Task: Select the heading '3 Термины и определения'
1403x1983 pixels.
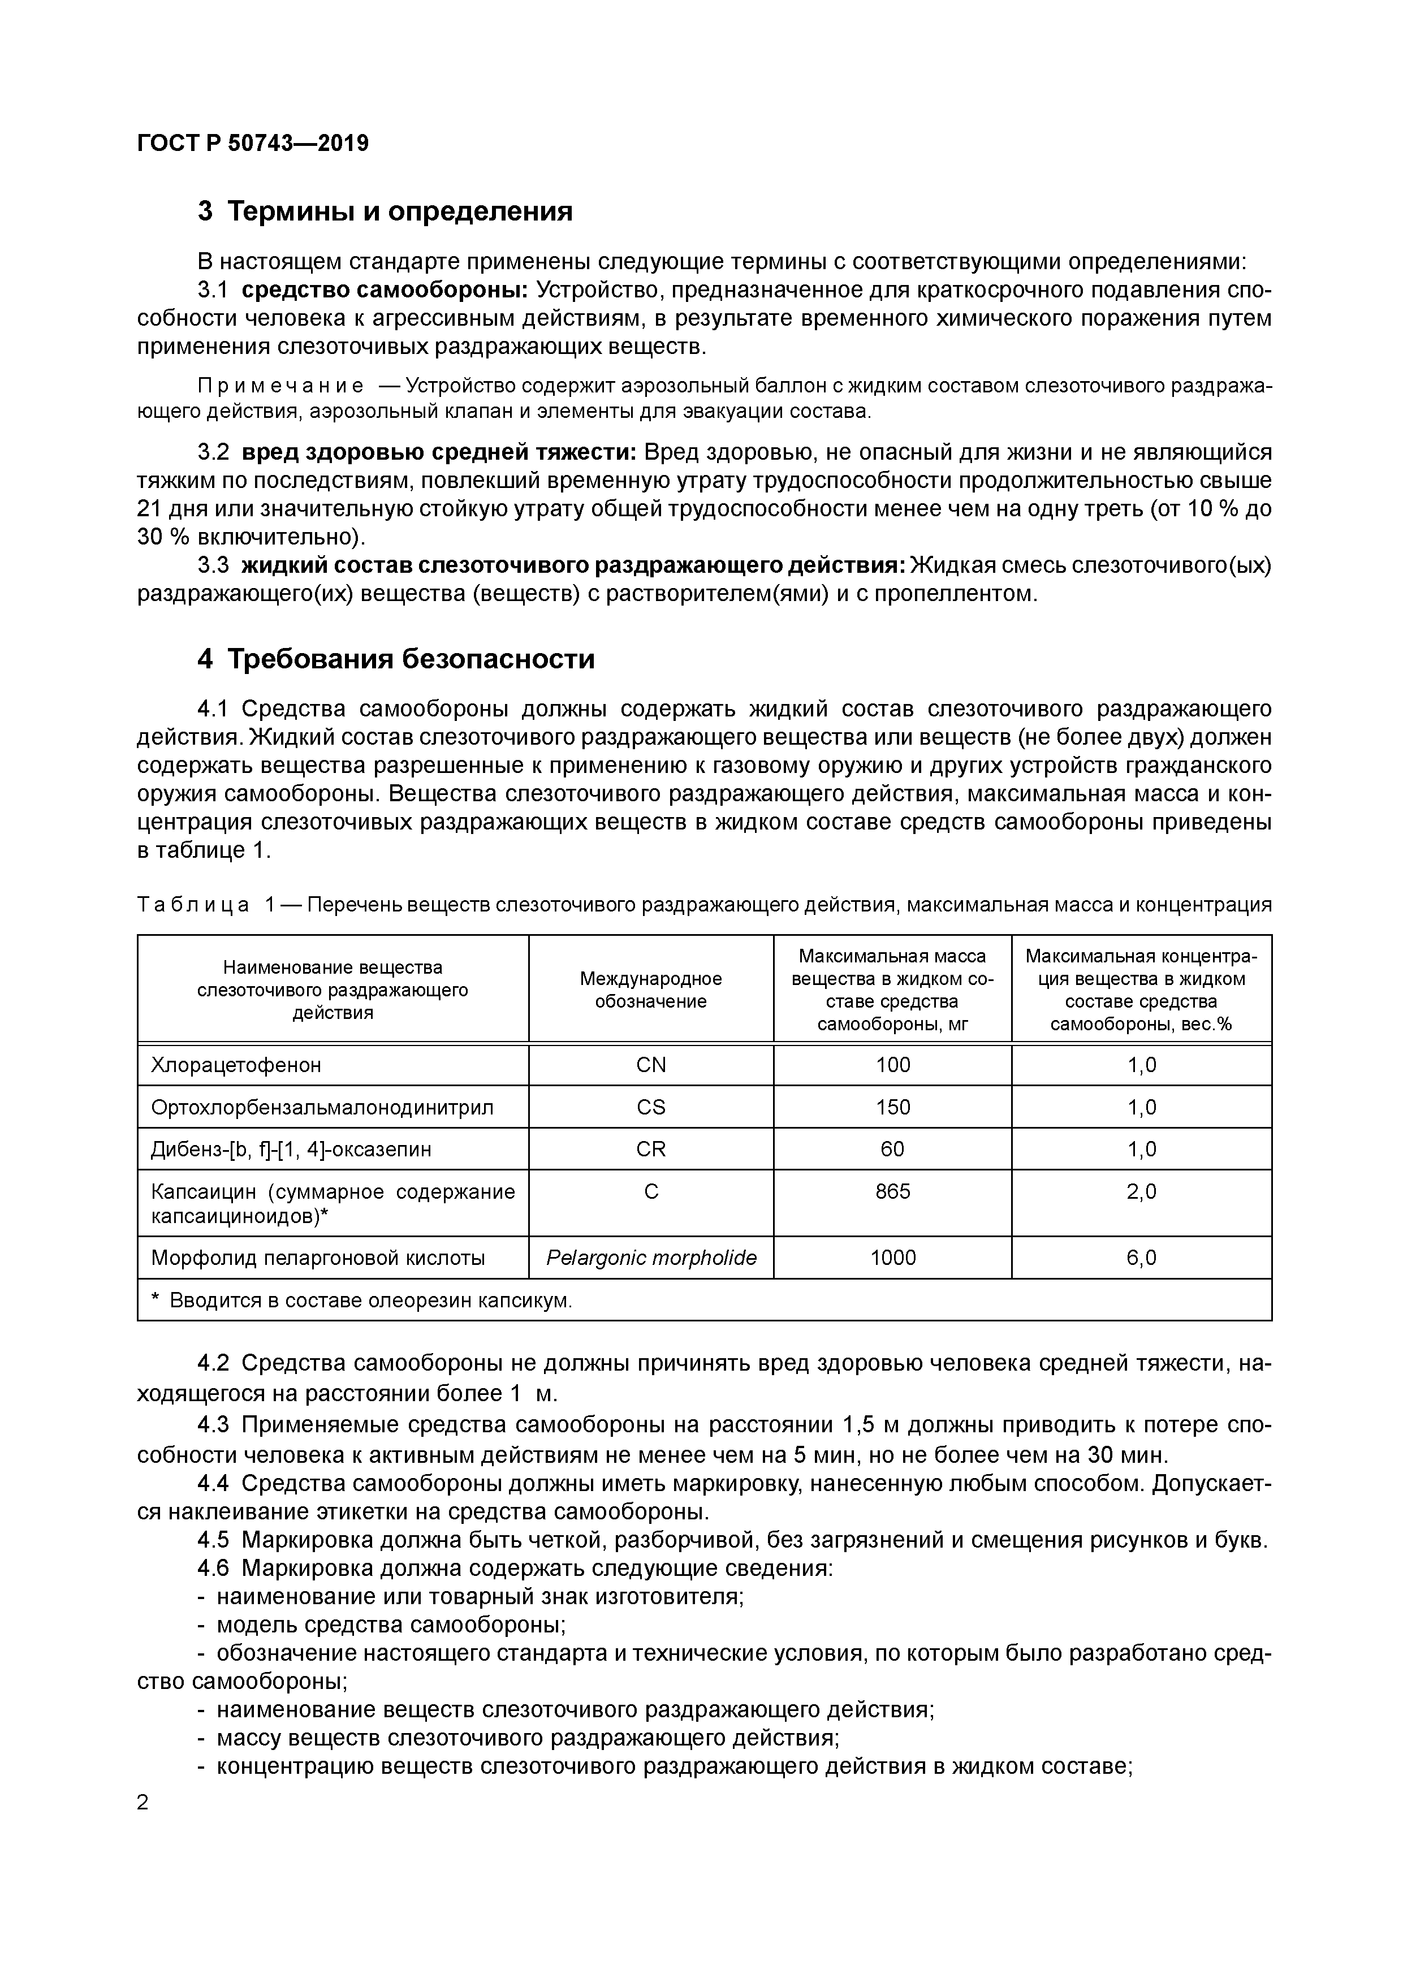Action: point(385,211)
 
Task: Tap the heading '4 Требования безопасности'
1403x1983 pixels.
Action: point(396,659)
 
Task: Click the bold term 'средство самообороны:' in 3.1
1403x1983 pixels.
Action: point(385,290)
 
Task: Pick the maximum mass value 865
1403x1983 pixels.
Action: point(892,1192)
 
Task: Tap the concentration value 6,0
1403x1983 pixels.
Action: point(1141,1258)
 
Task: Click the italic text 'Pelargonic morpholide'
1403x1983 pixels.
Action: point(651,1258)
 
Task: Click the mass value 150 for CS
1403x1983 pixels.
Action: point(892,1107)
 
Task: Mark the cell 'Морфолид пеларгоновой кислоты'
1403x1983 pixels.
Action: point(318,1258)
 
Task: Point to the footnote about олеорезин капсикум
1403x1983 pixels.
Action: point(363,1301)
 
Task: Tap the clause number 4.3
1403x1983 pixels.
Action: point(213,1424)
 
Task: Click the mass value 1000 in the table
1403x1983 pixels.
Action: point(892,1258)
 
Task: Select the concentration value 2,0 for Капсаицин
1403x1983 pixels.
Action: point(1141,1192)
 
